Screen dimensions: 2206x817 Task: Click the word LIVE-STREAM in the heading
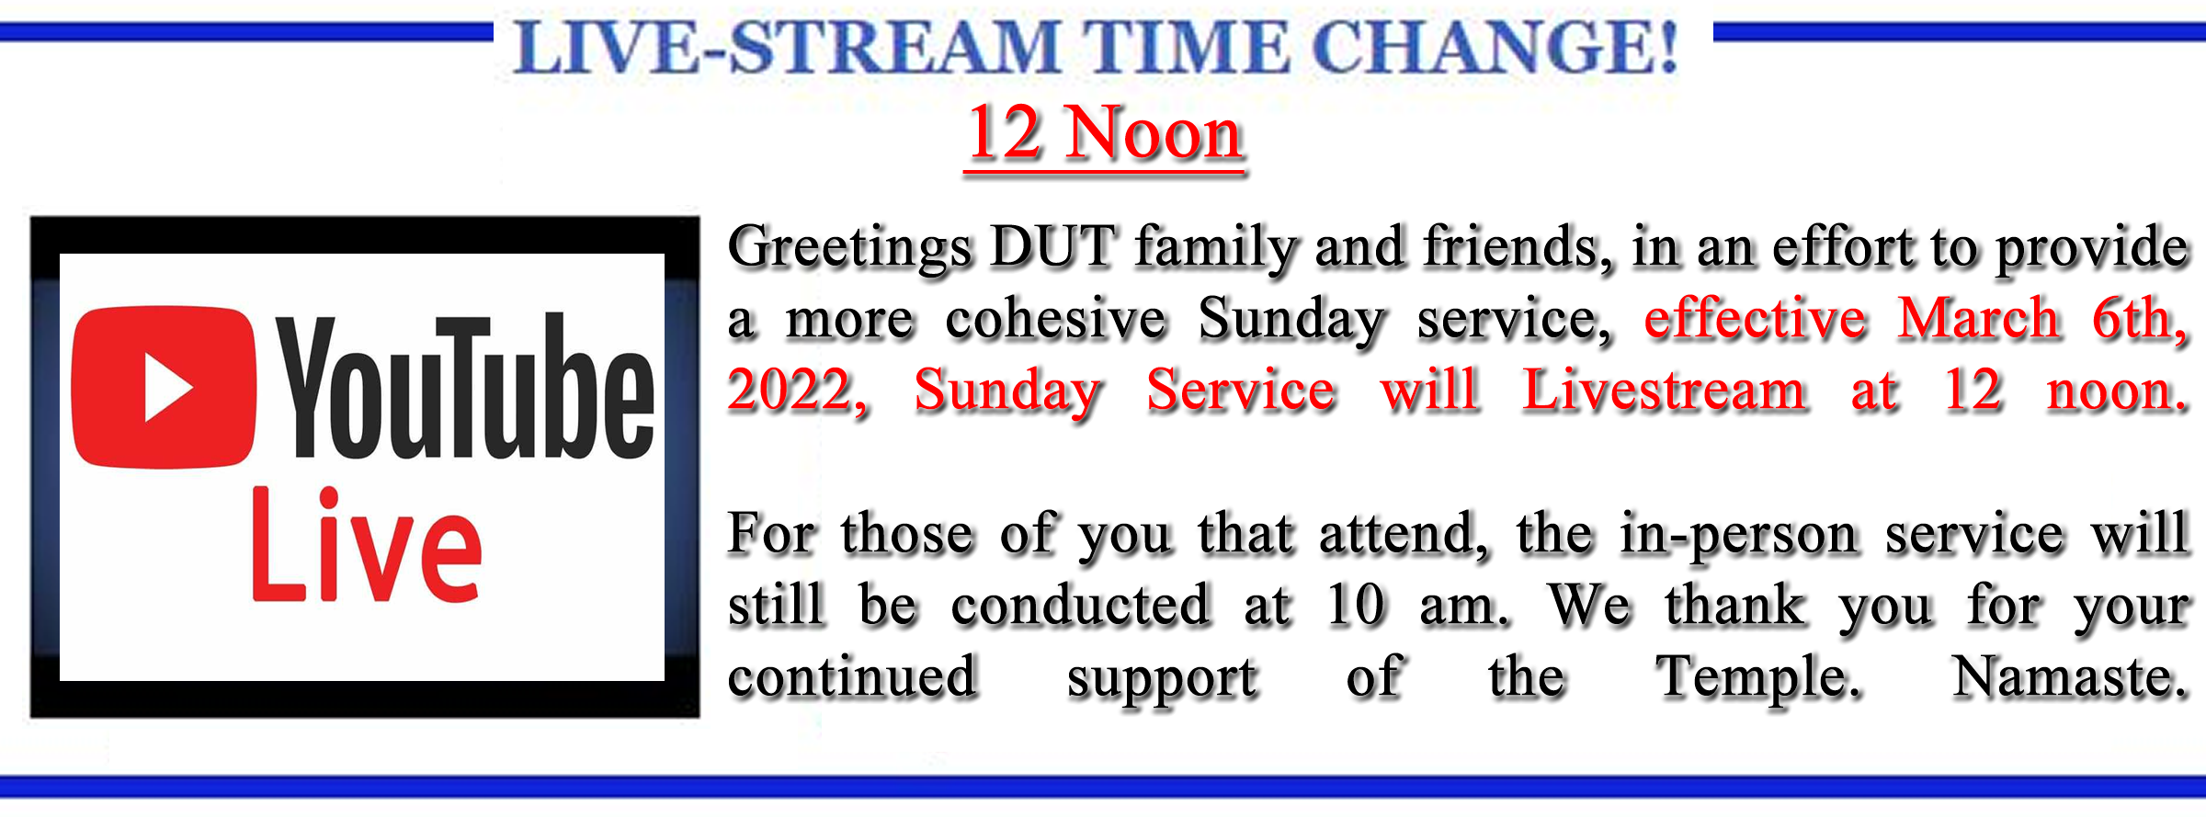(787, 47)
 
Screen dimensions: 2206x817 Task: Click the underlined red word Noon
(1154, 134)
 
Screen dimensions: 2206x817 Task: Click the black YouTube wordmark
(466, 387)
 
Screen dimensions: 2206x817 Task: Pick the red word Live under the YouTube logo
(366, 545)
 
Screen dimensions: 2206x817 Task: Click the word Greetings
(849, 249)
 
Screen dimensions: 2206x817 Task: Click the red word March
(1979, 319)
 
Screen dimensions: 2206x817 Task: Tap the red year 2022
(797, 391)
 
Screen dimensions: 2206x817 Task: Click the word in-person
(1739, 535)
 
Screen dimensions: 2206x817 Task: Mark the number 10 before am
(1355, 606)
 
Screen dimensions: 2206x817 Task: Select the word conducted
(1080, 606)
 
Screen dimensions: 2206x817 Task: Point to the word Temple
(1757, 679)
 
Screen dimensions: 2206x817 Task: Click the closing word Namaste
(2069, 677)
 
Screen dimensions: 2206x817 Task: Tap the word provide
(2091, 249)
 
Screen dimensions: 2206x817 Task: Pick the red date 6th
(2140, 319)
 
